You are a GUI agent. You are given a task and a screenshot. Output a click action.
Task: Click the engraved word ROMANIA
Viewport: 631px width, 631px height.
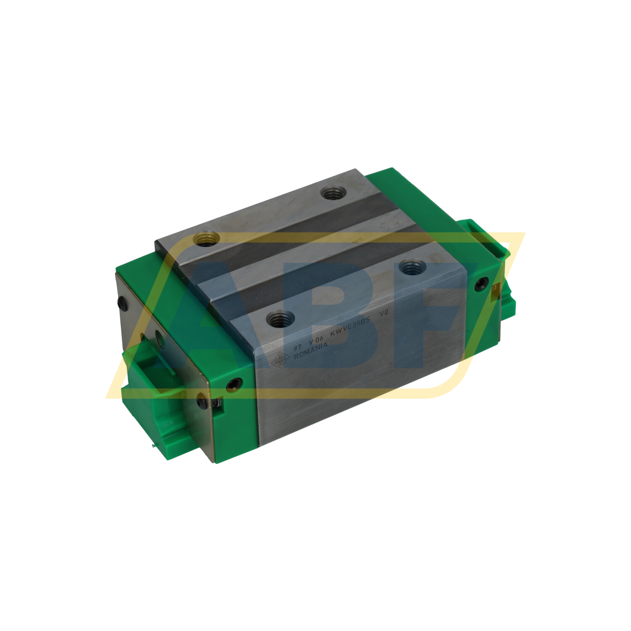click(x=311, y=350)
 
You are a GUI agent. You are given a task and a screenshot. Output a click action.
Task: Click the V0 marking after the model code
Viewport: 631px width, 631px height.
click(x=384, y=313)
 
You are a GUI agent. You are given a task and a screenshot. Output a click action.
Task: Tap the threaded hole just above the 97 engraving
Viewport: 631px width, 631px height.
click(x=280, y=319)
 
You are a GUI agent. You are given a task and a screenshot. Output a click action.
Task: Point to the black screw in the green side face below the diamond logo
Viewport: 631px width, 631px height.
click(x=234, y=383)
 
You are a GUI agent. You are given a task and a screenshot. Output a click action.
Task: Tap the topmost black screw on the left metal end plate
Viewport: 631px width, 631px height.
click(x=122, y=302)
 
